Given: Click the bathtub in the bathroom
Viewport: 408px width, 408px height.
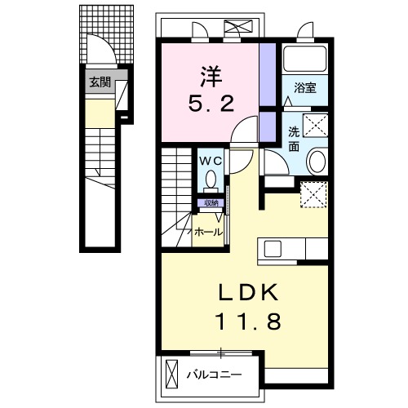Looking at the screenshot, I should click(x=304, y=62).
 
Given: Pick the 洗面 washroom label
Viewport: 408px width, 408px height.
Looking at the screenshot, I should click(x=294, y=140).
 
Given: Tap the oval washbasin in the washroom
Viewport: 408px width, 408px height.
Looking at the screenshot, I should click(x=317, y=161).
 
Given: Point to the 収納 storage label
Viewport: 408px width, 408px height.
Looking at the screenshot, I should click(x=211, y=202).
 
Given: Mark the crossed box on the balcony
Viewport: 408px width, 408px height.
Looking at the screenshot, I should click(x=171, y=375).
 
